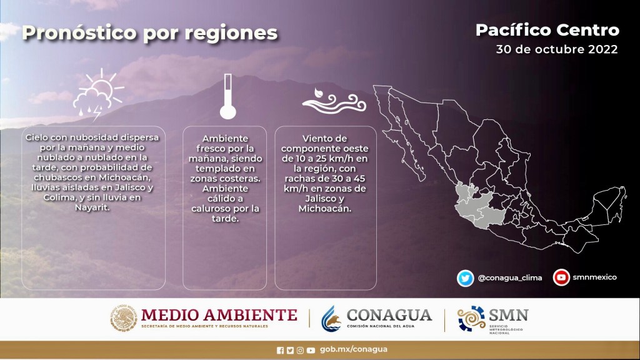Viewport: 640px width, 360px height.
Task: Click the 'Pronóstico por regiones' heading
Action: (x=150, y=33)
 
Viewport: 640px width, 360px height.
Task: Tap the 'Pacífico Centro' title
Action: (x=547, y=30)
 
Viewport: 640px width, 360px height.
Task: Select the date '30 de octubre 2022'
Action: (x=557, y=49)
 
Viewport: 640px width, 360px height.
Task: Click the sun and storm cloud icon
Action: (x=98, y=95)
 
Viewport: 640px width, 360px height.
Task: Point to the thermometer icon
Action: (x=227, y=96)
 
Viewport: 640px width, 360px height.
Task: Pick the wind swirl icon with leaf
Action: (x=334, y=101)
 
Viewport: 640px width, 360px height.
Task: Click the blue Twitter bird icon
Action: (x=465, y=278)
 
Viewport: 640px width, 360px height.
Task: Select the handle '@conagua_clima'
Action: (x=510, y=278)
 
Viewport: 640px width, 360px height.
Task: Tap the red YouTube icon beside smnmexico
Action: (x=561, y=277)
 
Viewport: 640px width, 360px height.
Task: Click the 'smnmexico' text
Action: (x=595, y=277)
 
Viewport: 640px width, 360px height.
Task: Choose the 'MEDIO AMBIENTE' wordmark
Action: (x=219, y=315)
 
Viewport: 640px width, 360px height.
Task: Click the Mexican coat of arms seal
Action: (x=124, y=318)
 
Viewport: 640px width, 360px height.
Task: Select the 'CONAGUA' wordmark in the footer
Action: (x=389, y=315)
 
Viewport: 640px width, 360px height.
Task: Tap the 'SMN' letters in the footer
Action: (x=508, y=315)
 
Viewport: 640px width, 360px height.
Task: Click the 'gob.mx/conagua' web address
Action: (x=354, y=349)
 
